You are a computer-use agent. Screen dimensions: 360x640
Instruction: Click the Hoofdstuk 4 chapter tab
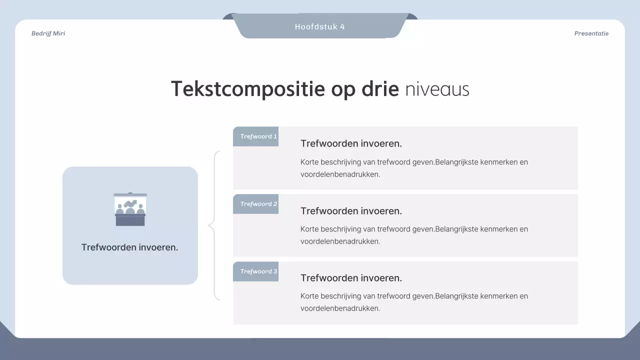point(320,26)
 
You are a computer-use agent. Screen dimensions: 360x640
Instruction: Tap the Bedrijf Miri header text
point(48,33)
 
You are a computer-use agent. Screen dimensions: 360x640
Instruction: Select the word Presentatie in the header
point(591,33)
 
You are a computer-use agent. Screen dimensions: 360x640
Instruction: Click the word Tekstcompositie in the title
point(248,89)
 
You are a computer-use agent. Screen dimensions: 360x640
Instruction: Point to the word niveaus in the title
point(437,89)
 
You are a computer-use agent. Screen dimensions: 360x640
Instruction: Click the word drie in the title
point(380,89)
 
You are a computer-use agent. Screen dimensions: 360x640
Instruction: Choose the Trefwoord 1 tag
point(256,136)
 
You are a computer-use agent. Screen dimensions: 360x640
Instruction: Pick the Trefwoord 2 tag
point(256,204)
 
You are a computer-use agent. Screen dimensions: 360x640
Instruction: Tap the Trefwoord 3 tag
point(256,271)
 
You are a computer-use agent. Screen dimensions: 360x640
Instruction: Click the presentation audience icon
point(130,209)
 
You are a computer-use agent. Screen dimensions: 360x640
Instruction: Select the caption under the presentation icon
point(130,247)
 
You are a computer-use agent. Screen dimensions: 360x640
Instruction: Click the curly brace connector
point(214,225)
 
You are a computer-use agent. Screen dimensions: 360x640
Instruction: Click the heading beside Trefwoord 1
point(351,143)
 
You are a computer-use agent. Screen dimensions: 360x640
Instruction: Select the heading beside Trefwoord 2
point(351,211)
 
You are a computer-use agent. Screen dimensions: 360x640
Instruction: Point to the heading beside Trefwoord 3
point(351,278)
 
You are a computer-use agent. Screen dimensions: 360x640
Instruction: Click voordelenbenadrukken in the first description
point(340,174)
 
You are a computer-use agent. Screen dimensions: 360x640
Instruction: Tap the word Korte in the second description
point(310,229)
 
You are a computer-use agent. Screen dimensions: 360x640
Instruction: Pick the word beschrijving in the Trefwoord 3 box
point(341,296)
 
